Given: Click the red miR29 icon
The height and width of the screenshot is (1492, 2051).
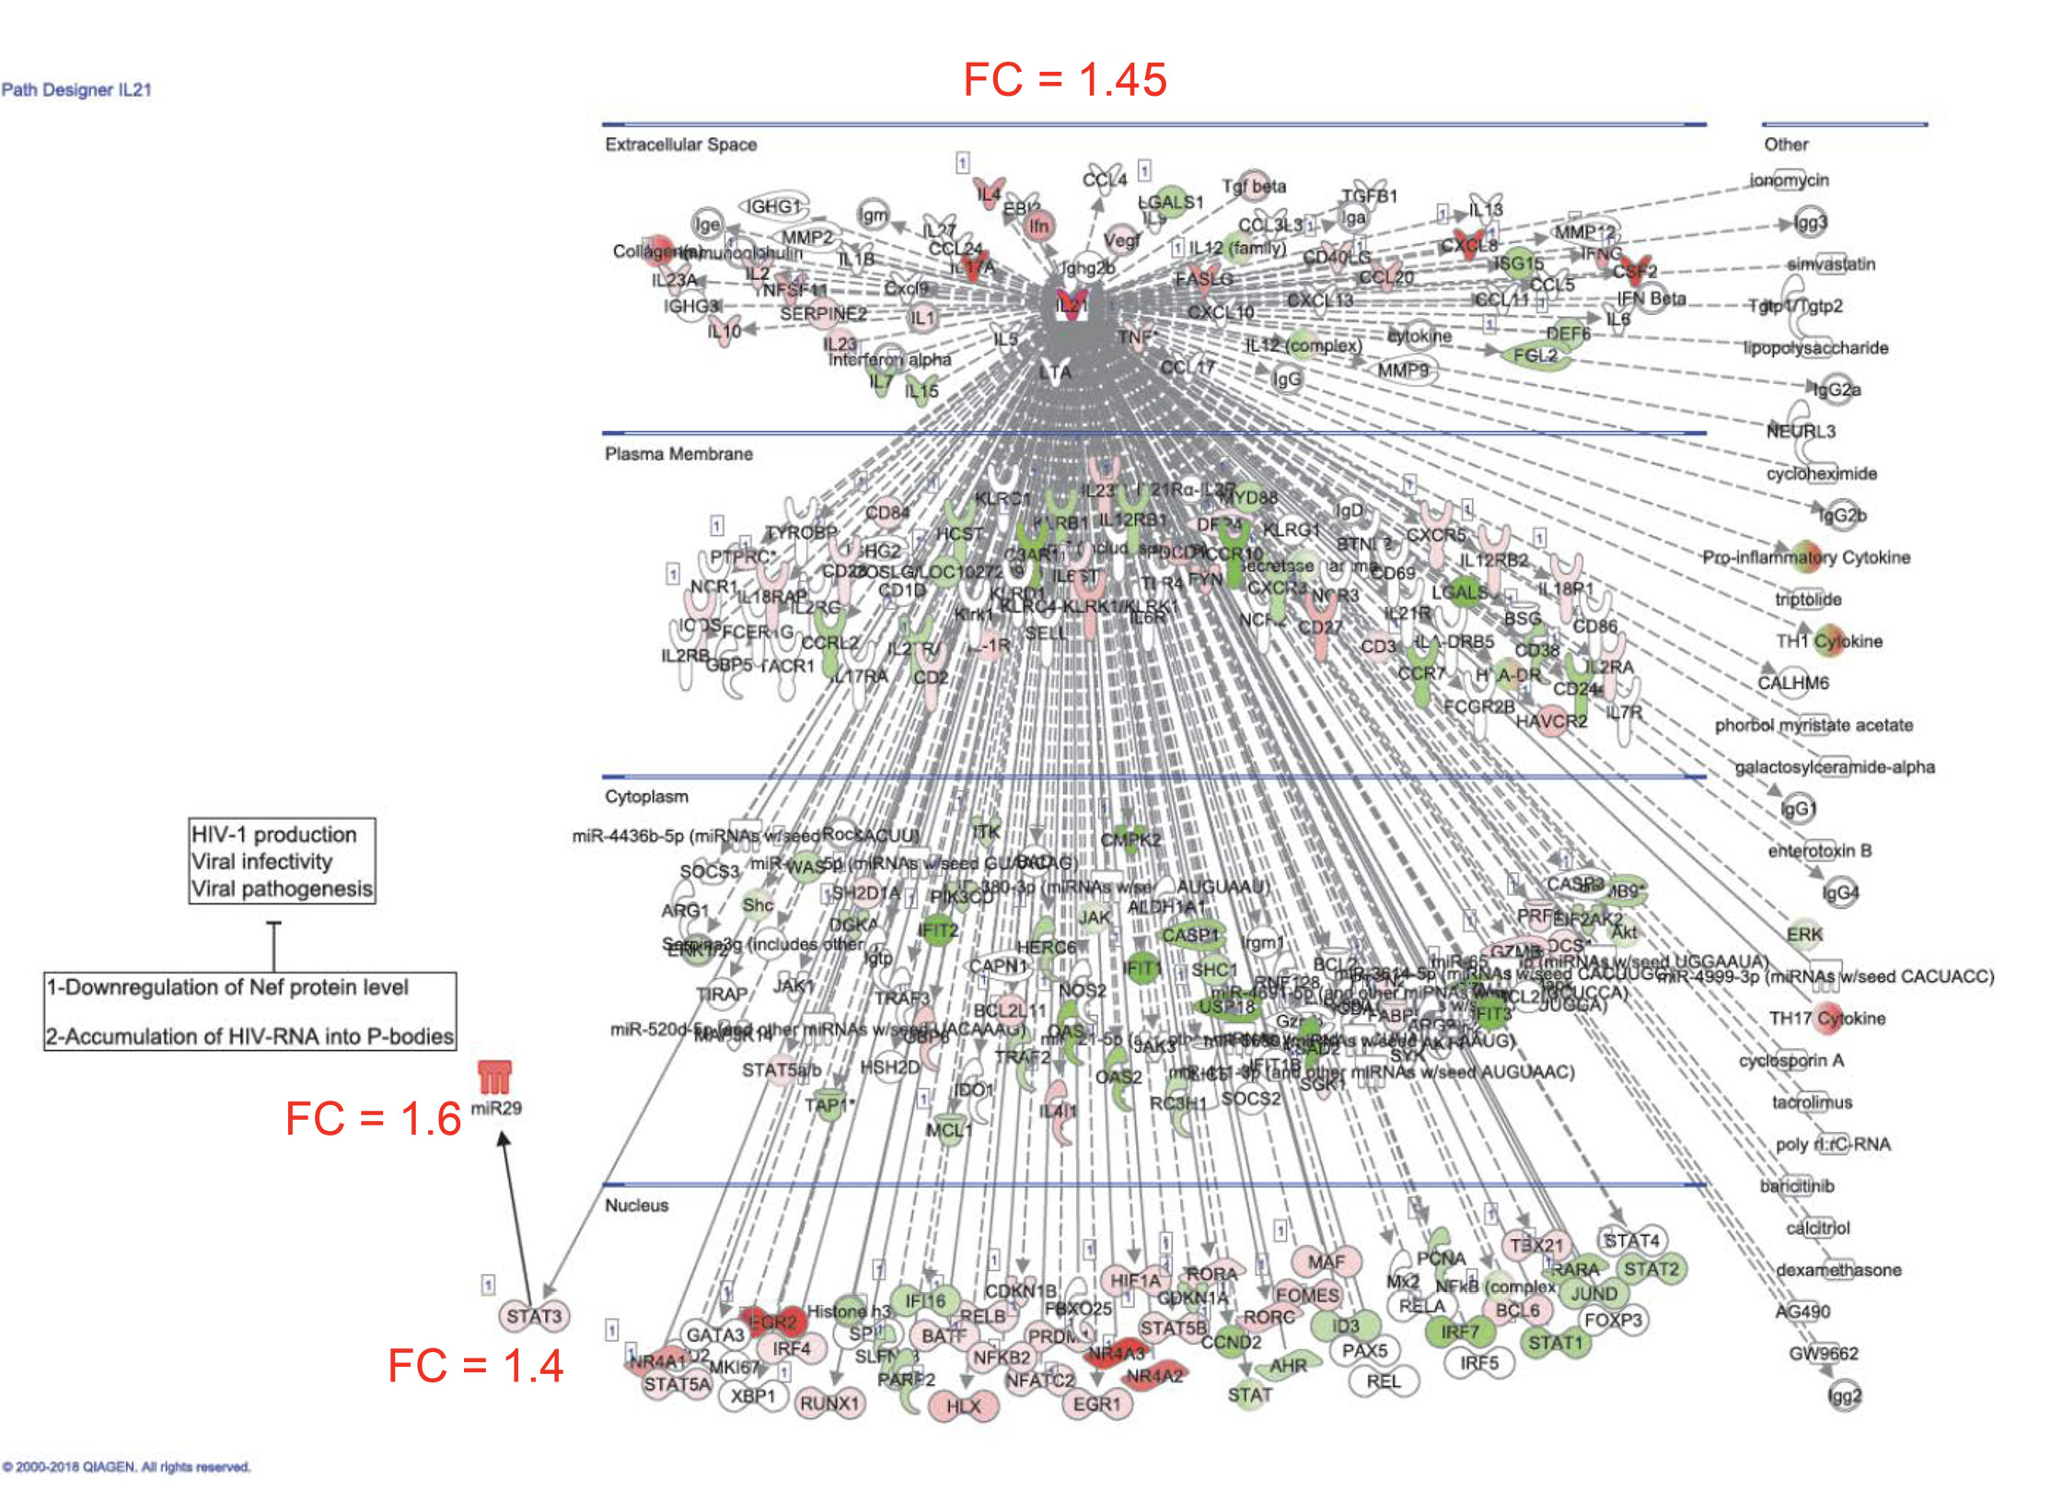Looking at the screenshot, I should (494, 1077).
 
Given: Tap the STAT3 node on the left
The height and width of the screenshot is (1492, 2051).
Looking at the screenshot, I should (534, 1316).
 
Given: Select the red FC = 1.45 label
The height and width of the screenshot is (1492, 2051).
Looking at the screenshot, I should (1065, 79).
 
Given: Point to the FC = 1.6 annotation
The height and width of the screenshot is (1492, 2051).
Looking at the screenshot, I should (373, 1119).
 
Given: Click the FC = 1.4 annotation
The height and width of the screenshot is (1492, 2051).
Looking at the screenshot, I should (475, 1366).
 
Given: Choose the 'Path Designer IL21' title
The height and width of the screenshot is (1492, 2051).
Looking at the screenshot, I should (76, 90).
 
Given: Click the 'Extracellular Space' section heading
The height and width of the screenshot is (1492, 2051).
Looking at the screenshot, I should (680, 145).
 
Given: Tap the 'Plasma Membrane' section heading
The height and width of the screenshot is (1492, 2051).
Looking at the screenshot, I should (678, 454).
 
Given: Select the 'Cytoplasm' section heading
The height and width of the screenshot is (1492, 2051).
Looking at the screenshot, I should (646, 797).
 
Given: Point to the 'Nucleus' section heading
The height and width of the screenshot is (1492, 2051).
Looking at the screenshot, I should (636, 1206).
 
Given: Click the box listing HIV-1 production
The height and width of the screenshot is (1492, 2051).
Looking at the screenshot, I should (282, 861).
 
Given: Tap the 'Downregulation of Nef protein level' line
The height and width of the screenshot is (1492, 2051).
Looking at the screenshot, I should (228, 987).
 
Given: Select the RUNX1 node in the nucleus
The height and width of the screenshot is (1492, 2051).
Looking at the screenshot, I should (829, 1404).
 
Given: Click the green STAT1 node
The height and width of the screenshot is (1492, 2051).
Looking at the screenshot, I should (1555, 1343).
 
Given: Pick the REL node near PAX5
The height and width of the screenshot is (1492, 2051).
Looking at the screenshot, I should (1384, 1381).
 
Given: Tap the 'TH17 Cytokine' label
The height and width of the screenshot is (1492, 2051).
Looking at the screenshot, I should (1827, 1019).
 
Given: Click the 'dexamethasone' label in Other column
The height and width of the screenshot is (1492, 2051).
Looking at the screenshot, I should (1838, 1270).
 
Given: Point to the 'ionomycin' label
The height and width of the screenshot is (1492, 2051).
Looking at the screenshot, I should (1790, 181).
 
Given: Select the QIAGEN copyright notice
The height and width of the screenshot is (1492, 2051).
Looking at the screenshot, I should (126, 1467).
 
